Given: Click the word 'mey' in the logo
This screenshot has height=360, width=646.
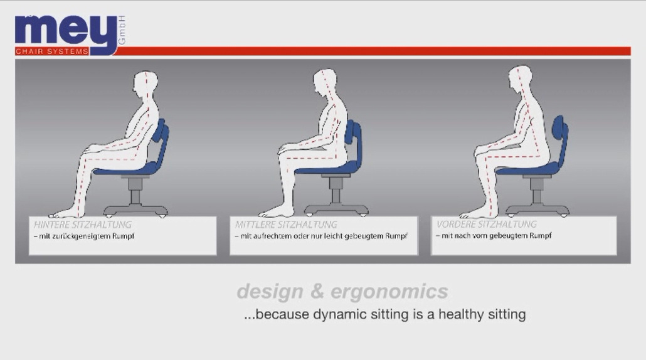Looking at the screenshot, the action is tap(66, 31).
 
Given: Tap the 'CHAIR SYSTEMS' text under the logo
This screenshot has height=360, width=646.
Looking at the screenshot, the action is tap(52, 51).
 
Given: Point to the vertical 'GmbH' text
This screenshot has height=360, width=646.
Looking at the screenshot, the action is tap(122, 31).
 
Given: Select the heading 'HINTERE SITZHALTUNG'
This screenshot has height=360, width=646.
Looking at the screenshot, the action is tap(83, 225).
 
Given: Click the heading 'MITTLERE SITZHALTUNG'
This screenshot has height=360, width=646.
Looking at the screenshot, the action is tap(286, 225).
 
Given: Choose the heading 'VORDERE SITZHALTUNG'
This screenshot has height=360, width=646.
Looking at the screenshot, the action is tap(487, 224).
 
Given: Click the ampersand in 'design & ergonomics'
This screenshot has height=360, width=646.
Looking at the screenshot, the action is tap(317, 291).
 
